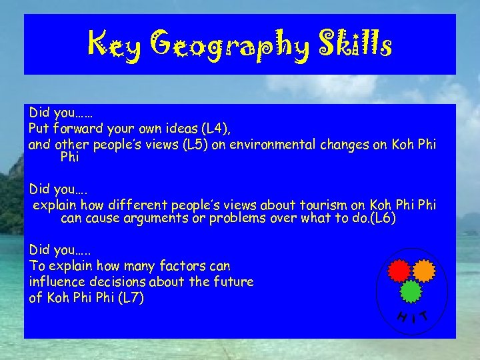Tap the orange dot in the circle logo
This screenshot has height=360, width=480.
pos(424,270)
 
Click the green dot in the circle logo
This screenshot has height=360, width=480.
pos(411,291)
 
